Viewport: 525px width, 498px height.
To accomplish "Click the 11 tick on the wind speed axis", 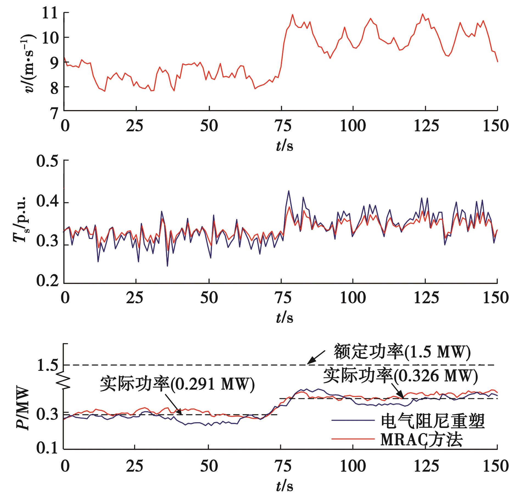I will (50, 13).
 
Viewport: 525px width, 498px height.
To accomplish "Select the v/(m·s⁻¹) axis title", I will (29, 63).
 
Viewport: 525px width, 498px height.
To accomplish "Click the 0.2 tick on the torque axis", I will (47, 282).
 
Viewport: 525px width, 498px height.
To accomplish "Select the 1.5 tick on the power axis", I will (47, 365).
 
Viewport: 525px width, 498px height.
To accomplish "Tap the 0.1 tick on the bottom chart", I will (47, 449).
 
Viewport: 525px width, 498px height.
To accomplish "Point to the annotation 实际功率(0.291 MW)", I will (177, 384).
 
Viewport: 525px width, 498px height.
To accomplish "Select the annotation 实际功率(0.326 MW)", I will (400, 376).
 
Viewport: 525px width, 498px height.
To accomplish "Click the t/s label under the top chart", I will (284, 146).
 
